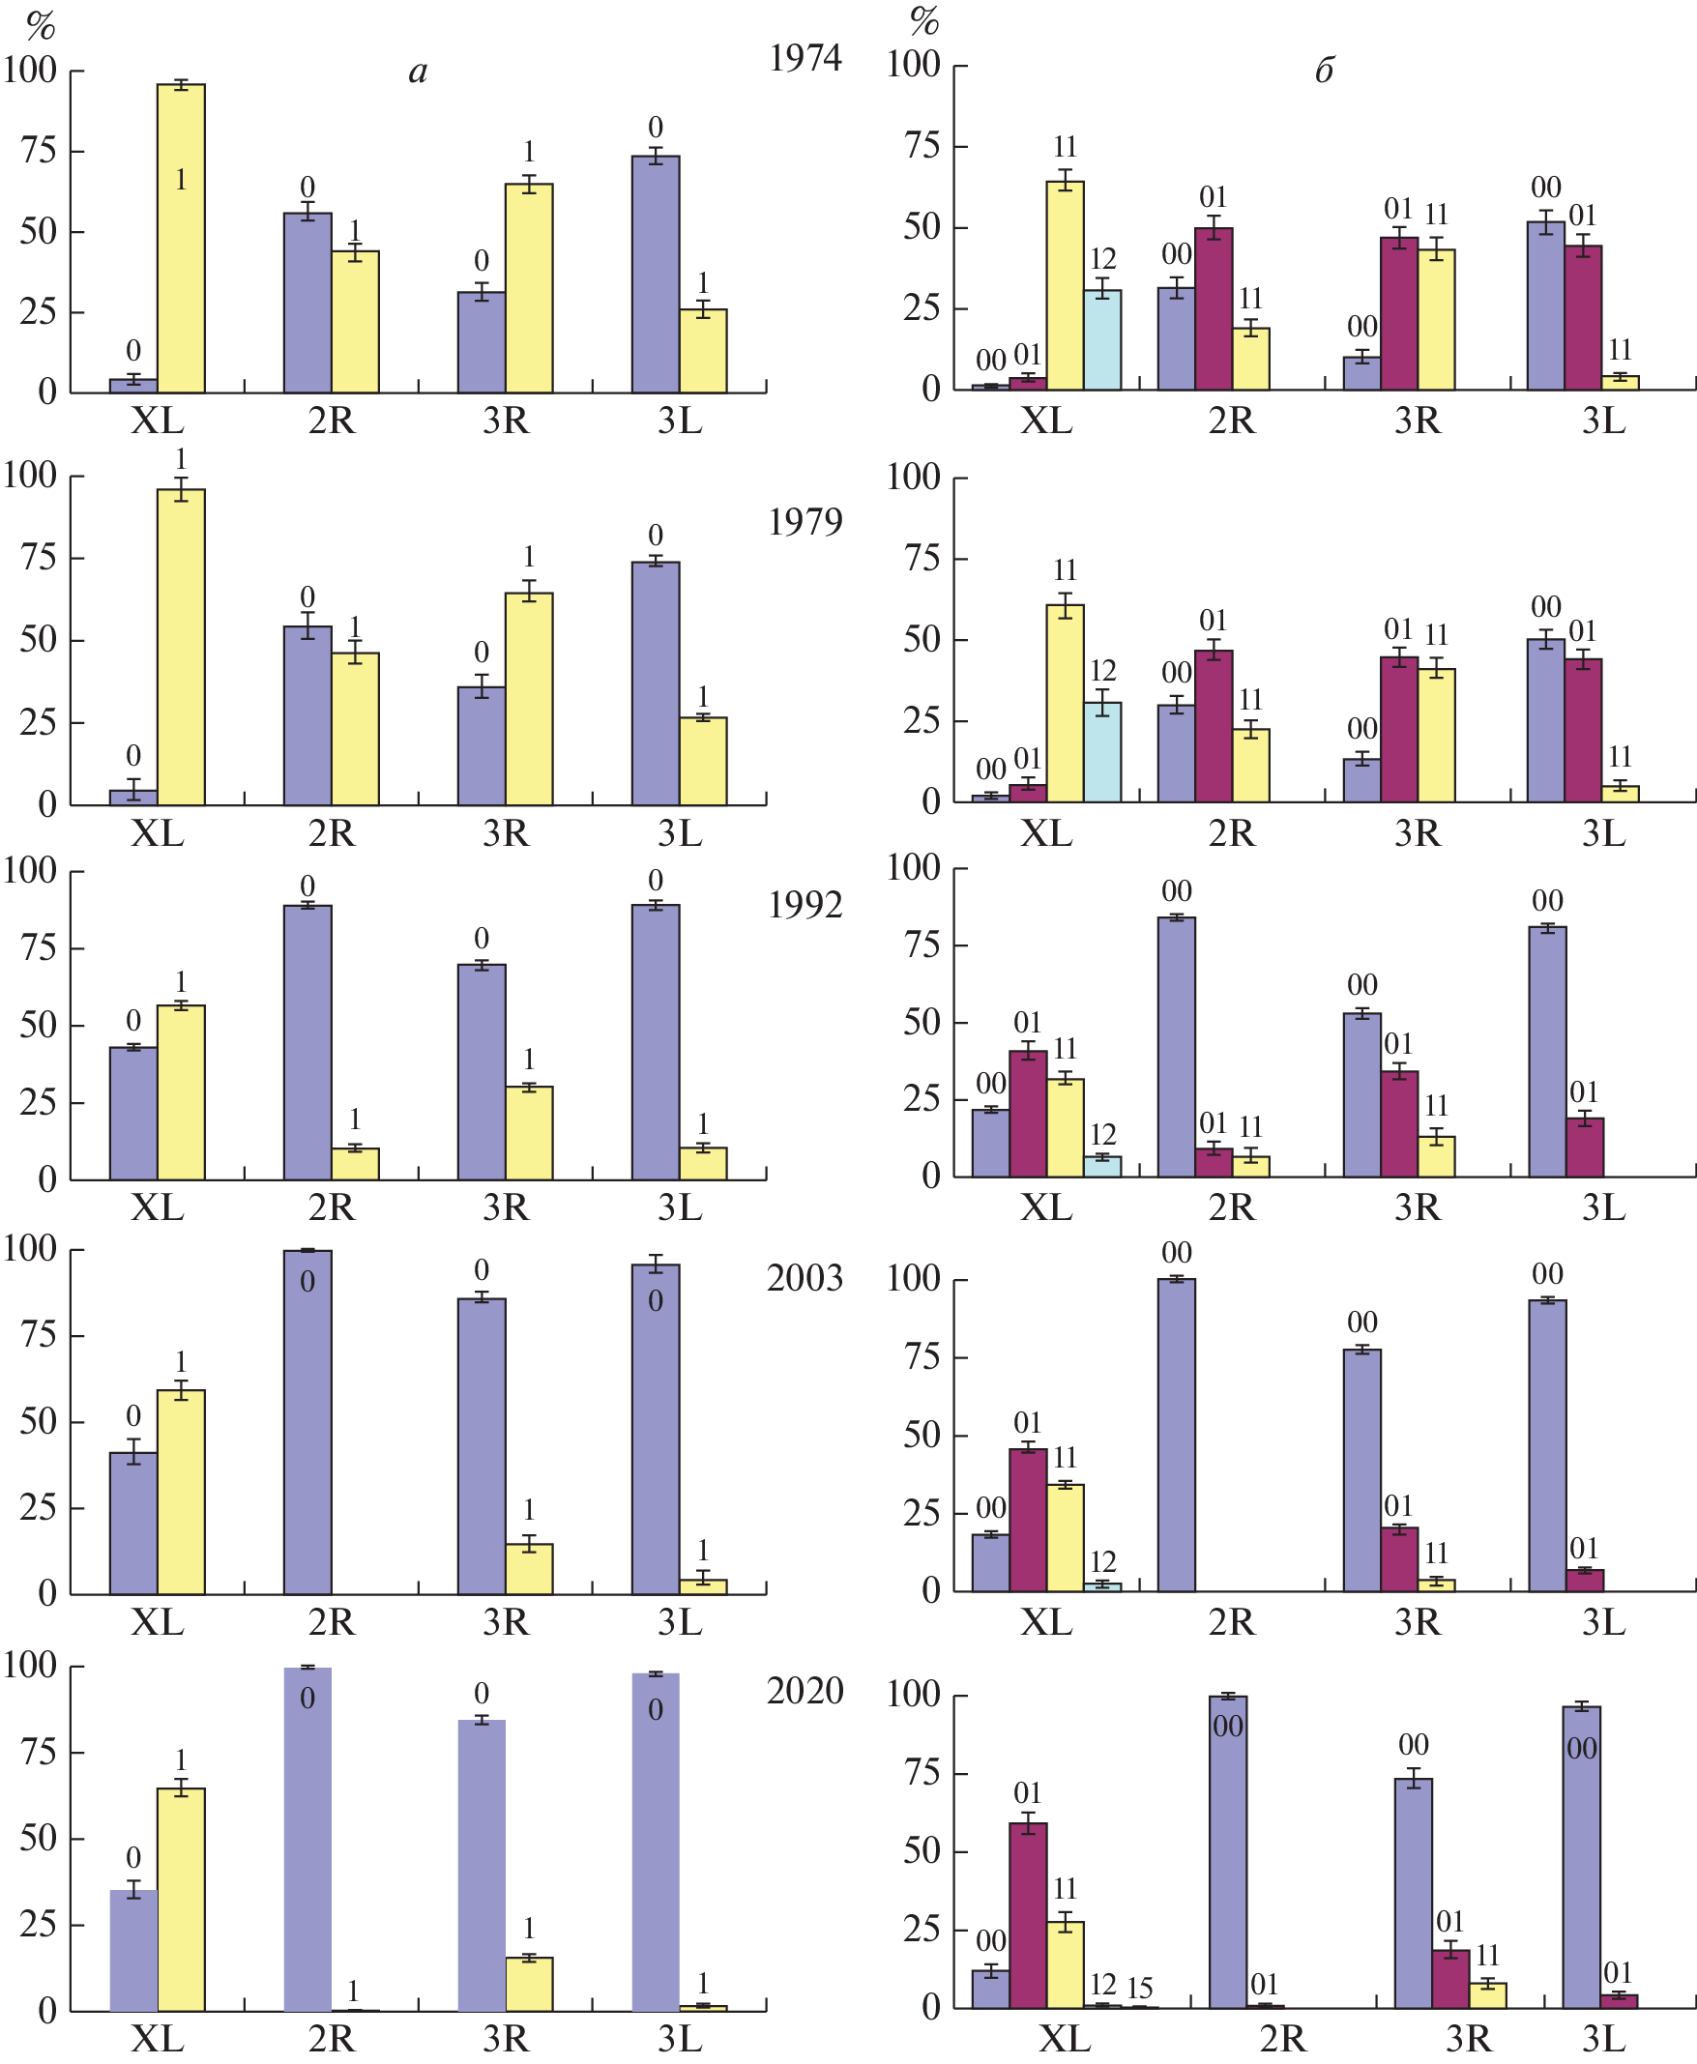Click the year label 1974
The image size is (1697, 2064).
pos(805,59)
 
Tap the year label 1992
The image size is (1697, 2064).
pos(805,906)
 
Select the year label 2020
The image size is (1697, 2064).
pos(805,1691)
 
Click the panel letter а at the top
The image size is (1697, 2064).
pos(419,72)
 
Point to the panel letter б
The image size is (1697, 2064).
pos(1324,72)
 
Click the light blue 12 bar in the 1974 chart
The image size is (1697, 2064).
pos(1102,339)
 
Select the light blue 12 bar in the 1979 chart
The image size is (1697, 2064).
pos(1102,751)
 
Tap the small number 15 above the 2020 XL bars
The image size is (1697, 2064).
pos(1140,1988)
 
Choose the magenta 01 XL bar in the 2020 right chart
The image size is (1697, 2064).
pos(1029,1915)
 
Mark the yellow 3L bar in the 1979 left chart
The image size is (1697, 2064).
pos(703,761)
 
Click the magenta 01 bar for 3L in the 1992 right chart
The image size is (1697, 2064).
pos(1585,1148)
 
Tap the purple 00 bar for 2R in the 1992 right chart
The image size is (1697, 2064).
pos(1176,1046)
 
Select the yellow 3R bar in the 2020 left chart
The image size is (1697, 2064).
pos(529,1984)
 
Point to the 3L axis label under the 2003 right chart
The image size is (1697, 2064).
pos(1603,1623)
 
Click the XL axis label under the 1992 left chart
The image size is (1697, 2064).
pos(158,1208)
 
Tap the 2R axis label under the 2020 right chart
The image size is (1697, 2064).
pos(1282,2040)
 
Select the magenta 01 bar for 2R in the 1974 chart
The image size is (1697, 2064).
pos(1214,307)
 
